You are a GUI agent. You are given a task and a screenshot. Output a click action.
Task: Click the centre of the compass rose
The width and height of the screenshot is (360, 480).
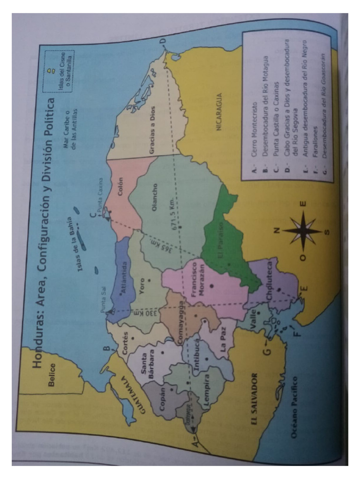point(302,231)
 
